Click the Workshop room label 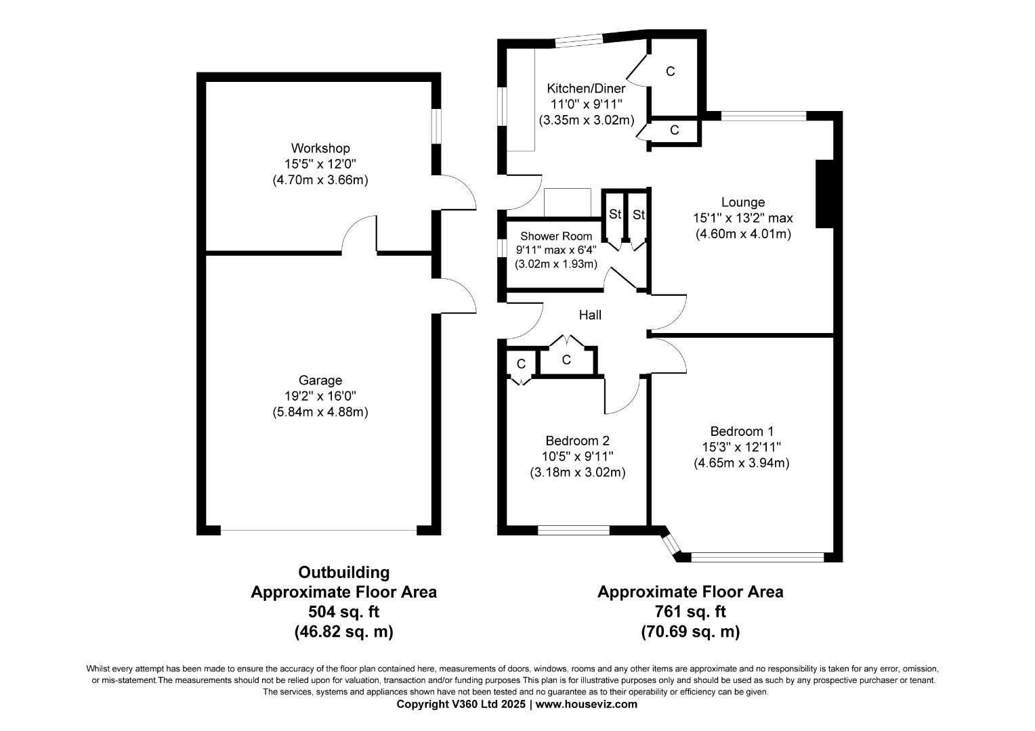point(320,148)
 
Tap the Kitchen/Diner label point(586,88)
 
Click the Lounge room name point(743,202)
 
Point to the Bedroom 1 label point(742,431)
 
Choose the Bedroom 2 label point(577,441)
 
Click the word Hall point(589,315)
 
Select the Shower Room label point(555,236)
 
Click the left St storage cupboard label point(615,215)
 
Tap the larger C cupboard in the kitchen point(670,71)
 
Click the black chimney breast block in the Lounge point(824,194)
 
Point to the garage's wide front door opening point(318,530)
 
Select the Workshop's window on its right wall point(437,125)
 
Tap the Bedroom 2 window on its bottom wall point(578,530)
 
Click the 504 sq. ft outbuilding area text point(343,612)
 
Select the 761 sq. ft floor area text point(690,612)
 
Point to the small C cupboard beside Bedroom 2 point(521,363)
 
